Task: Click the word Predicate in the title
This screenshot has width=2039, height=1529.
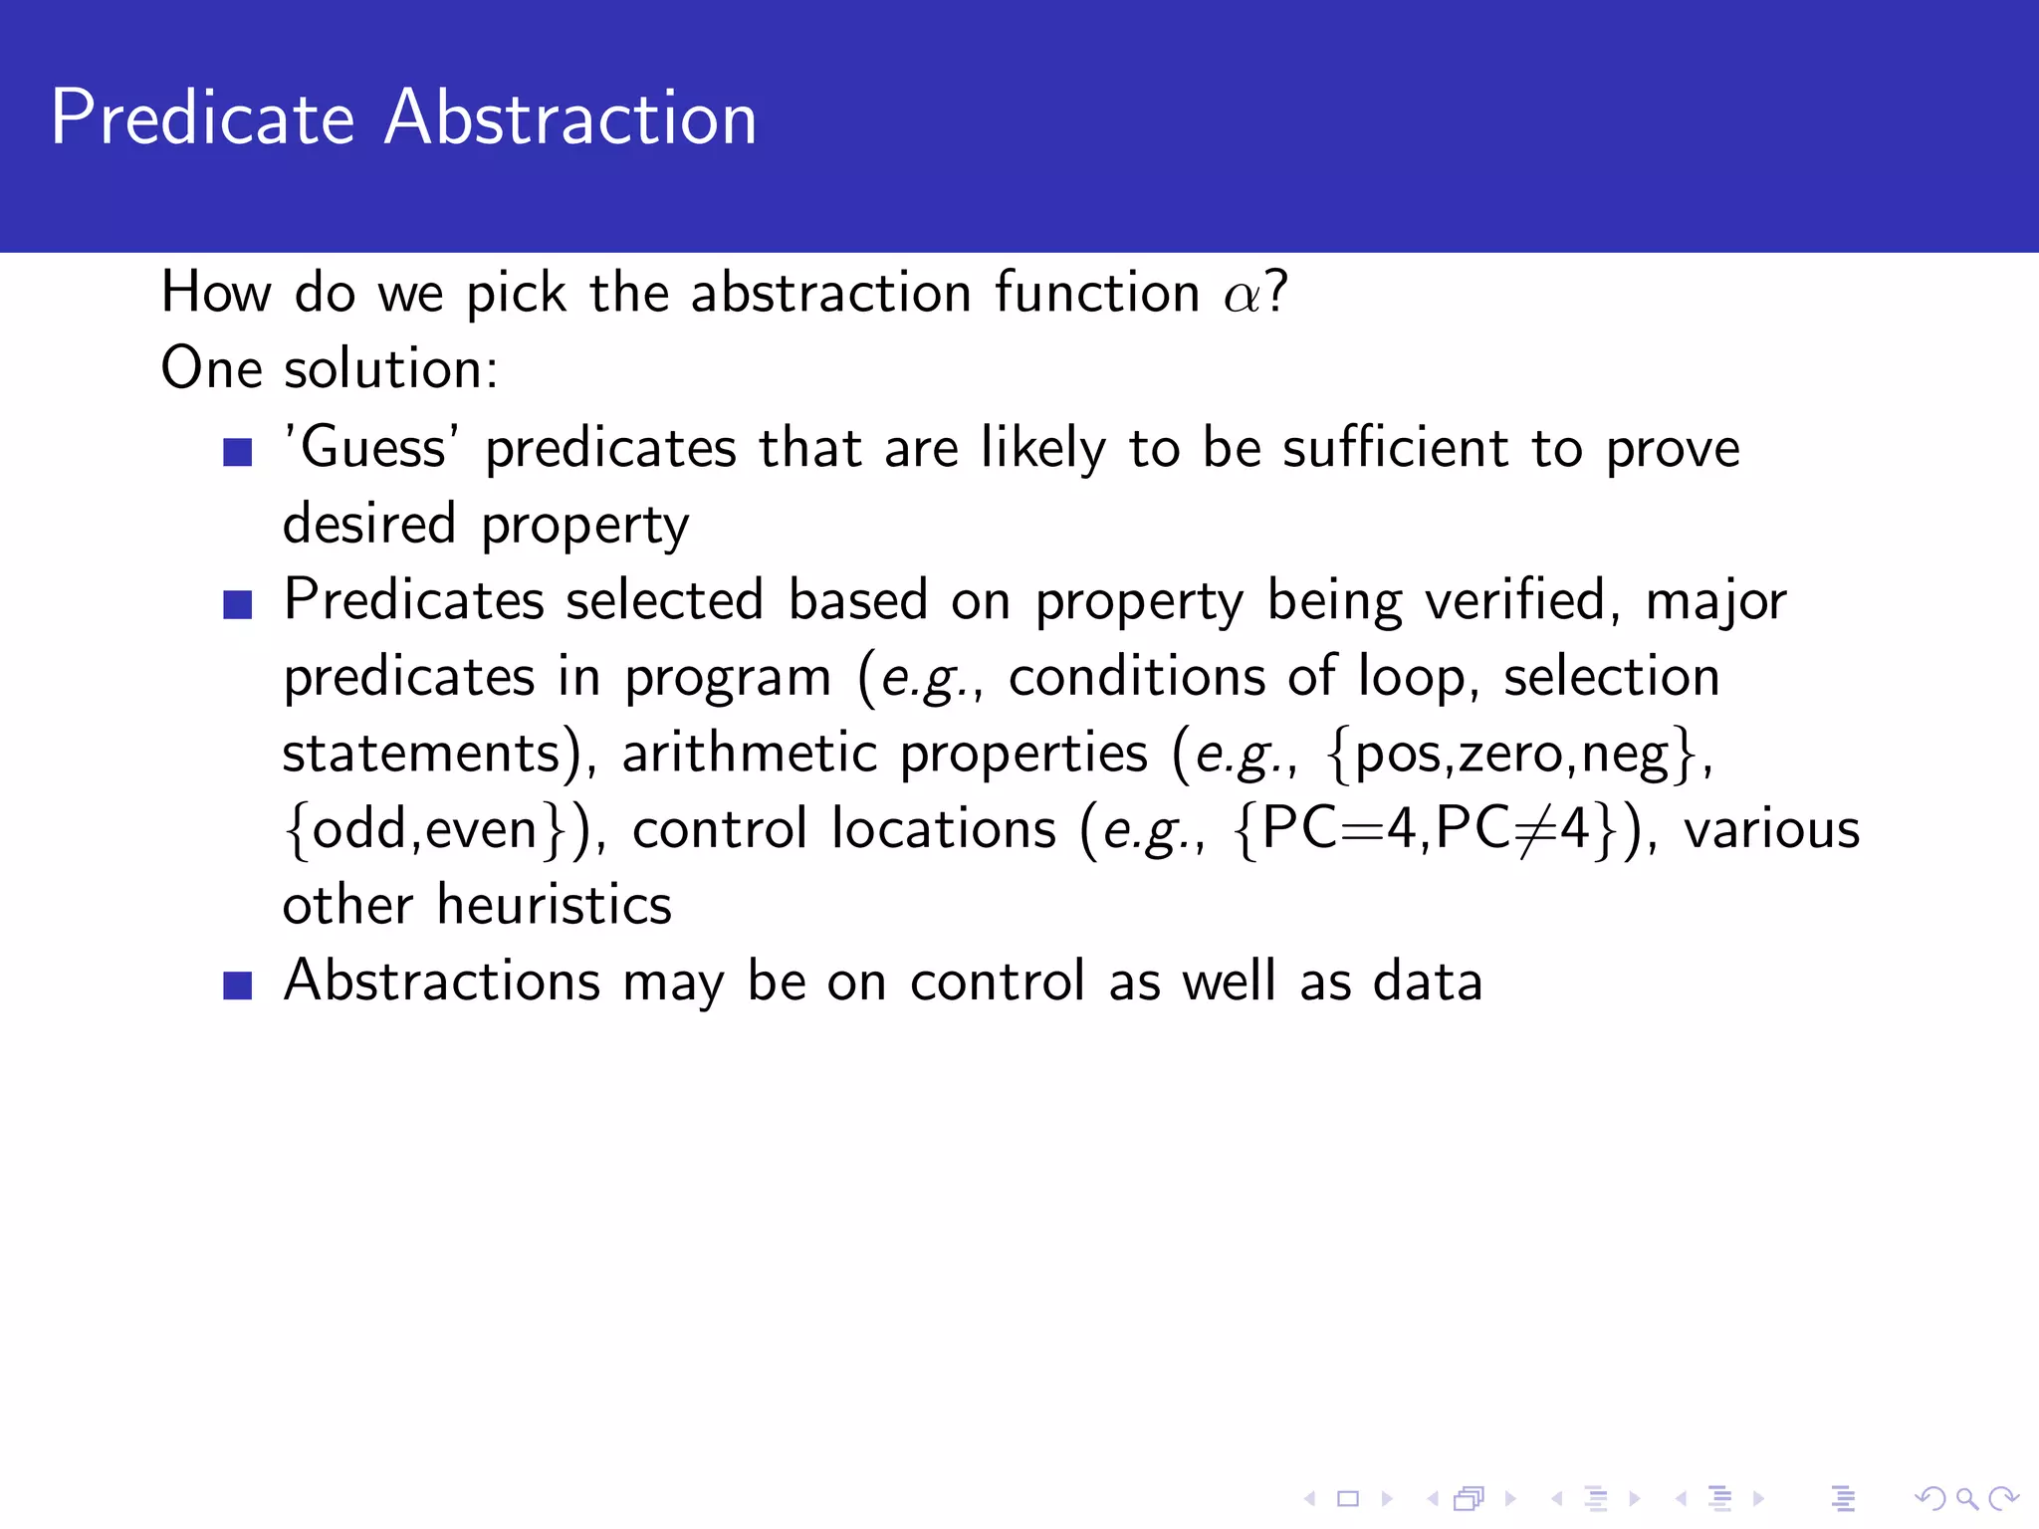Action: (x=202, y=117)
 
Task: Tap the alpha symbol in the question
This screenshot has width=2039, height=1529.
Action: (x=1242, y=296)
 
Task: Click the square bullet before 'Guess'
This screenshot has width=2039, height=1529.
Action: (x=238, y=452)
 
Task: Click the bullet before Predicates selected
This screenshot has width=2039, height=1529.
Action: (x=238, y=604)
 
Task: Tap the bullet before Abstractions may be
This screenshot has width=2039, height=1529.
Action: (x=238, y=985)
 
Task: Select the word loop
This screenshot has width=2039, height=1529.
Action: (x=1413, y=677)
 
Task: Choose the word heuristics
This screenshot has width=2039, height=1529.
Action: (x=554, y=905)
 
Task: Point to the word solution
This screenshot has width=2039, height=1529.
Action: (x=390, y=369)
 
